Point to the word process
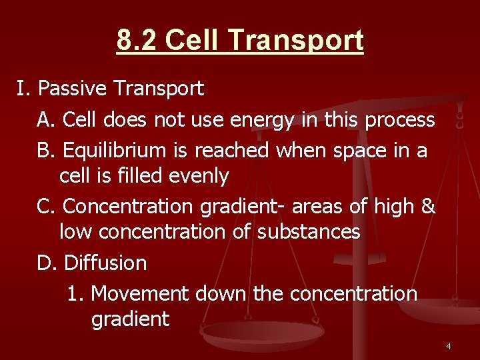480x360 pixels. point(400,120)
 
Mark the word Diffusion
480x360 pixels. point(105,263)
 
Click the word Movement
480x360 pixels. point(139,293)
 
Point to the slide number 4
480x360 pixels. point(448,346)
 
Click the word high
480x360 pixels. point(393,207)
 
